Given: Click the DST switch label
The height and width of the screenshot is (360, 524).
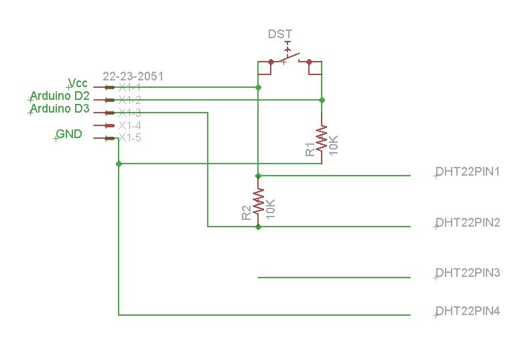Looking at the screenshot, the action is [280, 34].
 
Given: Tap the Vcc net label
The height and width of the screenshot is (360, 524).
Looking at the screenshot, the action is [78, 83].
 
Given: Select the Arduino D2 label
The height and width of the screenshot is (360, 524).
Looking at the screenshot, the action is [60, 96].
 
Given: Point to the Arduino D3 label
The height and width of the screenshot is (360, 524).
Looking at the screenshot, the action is [60, 109].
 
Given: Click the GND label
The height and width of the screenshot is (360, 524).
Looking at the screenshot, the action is [69, 134].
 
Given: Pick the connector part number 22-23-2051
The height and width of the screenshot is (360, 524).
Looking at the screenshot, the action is [133, 76].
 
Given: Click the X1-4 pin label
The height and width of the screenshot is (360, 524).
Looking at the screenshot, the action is [130, 125].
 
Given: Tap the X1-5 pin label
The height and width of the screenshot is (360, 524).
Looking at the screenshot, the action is [130, 137].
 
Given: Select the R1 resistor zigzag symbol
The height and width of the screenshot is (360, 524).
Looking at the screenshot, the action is [322, 137].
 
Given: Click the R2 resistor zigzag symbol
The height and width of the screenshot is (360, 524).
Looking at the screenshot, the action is [258, 202].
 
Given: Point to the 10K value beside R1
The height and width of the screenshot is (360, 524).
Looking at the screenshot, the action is [334, 145].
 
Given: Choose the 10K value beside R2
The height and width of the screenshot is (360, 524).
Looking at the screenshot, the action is [270, 209].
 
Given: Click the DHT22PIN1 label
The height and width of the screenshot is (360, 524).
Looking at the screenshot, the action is [468, 172].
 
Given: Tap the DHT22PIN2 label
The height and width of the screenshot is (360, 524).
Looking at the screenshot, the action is [468, 223].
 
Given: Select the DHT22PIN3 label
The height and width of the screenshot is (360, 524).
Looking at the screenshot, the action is [468, 273].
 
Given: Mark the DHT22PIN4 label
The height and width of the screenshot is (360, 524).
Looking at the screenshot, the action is [468, 312].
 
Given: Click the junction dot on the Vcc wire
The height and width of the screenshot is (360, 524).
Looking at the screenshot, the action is [258, 88].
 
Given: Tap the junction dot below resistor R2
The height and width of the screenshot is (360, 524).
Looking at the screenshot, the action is [258, 227].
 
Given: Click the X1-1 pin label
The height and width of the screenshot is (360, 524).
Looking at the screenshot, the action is [130, 88].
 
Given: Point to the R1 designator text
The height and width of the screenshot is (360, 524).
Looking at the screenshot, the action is [310, 149].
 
